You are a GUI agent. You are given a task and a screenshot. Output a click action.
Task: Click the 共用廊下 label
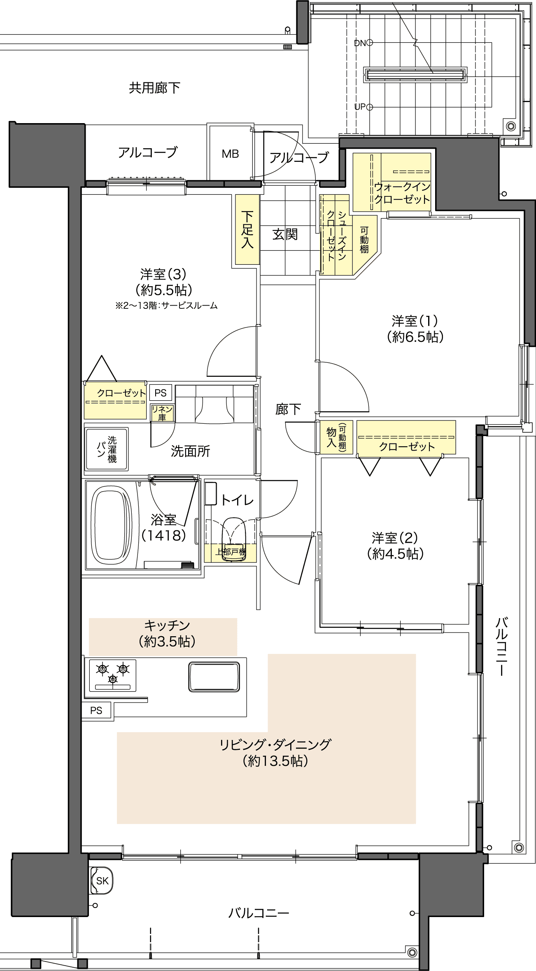[154, 88]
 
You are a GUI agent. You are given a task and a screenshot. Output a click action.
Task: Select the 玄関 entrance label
[285, 234]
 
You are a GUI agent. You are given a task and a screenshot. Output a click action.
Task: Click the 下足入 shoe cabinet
[247, 229]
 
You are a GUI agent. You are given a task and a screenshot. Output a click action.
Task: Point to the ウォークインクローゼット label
[402, 193]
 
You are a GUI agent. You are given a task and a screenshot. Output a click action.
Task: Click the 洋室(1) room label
[415, 329]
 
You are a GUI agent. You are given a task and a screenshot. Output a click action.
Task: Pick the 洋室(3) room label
[163, 282]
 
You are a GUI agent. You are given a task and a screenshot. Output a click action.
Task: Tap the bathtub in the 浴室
[111, 525]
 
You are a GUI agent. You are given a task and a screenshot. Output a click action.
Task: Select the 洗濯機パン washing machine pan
[107, 449]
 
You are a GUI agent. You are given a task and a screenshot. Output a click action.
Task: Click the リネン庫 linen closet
[162, 413]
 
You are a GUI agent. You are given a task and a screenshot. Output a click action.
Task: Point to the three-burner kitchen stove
[113, 675]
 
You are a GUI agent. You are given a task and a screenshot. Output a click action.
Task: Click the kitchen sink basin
[214, 677]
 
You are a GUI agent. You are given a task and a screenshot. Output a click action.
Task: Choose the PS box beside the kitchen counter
[96, 710]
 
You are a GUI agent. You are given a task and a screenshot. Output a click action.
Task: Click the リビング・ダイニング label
[275, 752]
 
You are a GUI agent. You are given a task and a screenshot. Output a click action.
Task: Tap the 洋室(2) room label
[395, 545]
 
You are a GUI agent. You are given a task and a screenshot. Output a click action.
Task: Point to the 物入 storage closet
[336, 437]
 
